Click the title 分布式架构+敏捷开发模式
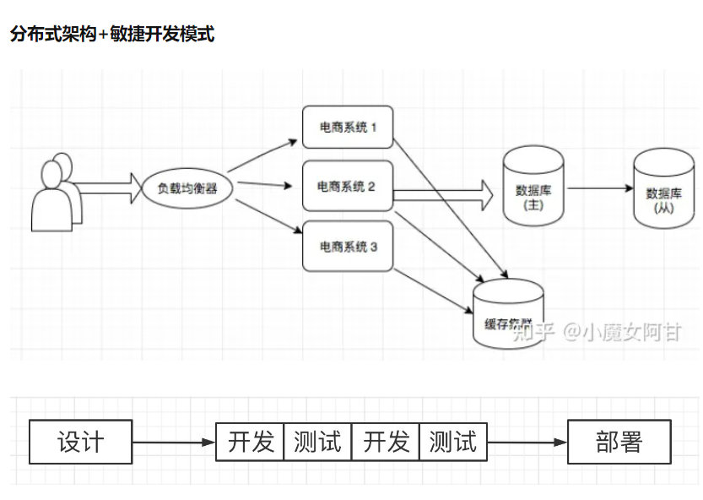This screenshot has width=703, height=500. (x=112, y=35)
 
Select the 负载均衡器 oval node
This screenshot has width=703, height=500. (x=187, y=187)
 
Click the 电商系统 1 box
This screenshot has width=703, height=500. (x=348, y=128)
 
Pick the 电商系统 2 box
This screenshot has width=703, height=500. (x=348, y=186)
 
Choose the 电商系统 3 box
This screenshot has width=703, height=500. (x=348, y=247)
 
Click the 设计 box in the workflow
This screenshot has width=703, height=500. (x=81, y=442)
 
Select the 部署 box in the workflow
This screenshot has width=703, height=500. (x=619, y=442)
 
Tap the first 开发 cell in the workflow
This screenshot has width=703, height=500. (x=251, y=442)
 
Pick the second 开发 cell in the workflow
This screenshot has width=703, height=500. (x=386, y=442)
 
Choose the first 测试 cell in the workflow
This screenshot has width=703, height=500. (x=317, y=442)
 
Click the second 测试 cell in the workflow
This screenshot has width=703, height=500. (x=453, y=442)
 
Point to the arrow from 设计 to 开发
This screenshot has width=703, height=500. (x=174, y=442)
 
